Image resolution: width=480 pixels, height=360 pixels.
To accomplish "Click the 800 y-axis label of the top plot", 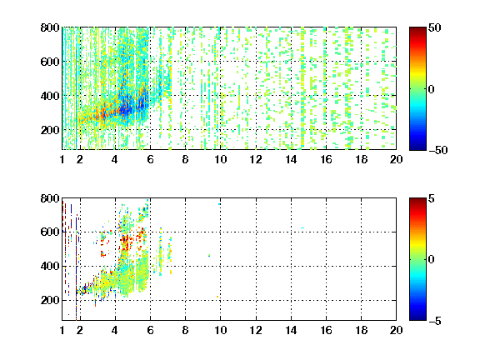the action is pos(50,27).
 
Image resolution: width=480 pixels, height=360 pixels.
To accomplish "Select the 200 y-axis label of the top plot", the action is pos(50,130).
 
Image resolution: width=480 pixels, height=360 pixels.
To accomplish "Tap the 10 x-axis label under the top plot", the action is pos(220,159).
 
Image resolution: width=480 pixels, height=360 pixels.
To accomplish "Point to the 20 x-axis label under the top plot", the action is pos(396,159).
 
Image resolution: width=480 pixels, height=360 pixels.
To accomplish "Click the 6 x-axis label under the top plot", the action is pos(150,159).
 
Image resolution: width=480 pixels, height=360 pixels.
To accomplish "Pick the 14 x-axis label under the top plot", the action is pos(291,159).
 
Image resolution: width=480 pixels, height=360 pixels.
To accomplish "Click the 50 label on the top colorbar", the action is pos(435,27).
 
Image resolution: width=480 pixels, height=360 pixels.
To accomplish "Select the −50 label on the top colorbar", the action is pos(437,150).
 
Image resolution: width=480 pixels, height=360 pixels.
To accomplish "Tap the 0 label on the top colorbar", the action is pos(432,89).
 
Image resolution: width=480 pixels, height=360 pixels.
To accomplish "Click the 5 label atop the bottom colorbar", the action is pos(432,198).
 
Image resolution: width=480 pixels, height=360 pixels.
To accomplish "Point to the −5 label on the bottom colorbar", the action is pos(435,321).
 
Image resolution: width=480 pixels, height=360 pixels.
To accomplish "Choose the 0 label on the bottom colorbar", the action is pos(432,260).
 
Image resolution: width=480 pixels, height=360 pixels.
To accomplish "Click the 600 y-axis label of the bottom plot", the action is pos(50,232).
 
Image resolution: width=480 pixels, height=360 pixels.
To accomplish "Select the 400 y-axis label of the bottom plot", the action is pos(50,266).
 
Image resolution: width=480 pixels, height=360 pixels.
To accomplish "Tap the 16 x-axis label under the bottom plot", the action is pos(326,330).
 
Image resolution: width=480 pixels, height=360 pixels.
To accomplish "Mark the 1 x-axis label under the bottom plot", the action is pos(62,330).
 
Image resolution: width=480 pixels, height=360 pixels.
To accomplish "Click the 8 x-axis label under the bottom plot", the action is pos(185,330).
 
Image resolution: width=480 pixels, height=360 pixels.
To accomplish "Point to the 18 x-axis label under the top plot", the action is pos(361,159).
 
